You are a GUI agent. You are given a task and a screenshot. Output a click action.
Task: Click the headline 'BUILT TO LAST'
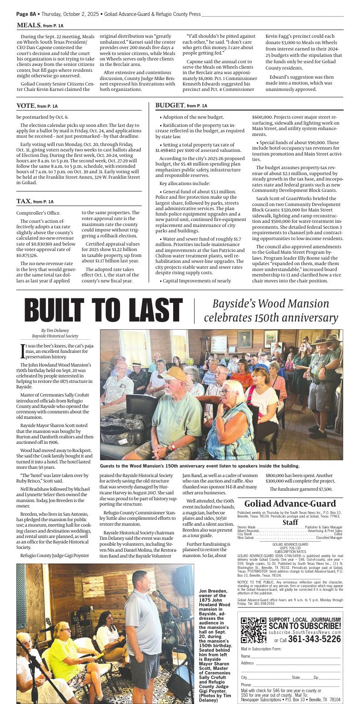(103, 311)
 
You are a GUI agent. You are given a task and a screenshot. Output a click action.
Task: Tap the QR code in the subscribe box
(253, 630)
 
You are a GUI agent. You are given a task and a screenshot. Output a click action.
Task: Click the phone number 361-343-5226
(314, 639)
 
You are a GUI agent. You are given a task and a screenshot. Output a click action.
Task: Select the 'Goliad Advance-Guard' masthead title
(290, 504)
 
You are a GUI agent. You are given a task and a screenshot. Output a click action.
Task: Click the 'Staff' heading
(290, 523)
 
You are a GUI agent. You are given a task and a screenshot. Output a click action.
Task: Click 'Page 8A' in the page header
(26, 14)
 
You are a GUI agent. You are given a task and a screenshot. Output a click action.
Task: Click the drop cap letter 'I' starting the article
(22, 351)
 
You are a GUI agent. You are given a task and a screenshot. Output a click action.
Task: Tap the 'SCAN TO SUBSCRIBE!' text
(305, 626)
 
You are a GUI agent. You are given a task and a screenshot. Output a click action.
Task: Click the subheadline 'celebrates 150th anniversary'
(271, 318)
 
